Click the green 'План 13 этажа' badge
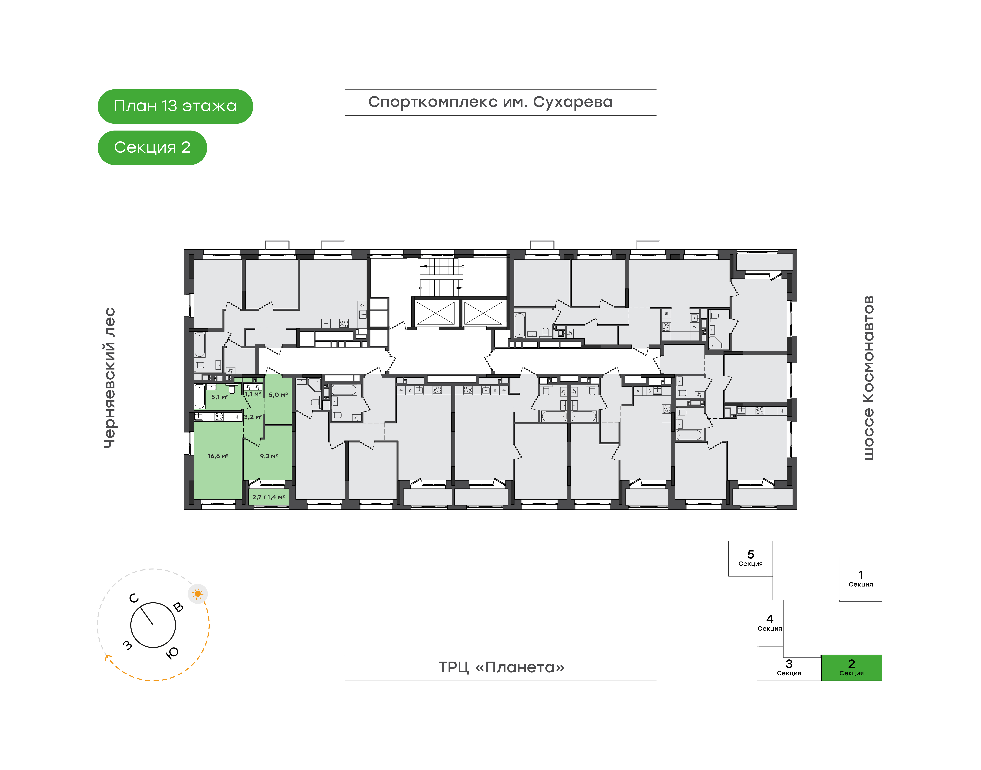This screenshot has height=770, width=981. [x=175, y=106]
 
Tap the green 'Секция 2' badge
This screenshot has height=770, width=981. [x=152, y=147]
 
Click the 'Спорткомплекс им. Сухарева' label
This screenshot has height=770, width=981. [x=490, y=102]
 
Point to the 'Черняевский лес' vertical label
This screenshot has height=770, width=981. [x=110, y=378]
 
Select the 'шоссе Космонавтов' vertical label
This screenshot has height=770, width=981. [x=868, y=378]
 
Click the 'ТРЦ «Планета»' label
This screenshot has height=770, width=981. [x=501, y=667]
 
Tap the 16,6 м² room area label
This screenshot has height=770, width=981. [x=218, y=456]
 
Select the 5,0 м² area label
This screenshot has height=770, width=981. [x=278, y=395]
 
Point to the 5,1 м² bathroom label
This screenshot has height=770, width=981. [x=220, y=397]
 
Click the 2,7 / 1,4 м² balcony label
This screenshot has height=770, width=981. [x=269, y=497]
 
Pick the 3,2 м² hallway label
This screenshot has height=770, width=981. [x=253, y=417]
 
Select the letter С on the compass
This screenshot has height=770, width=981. [x=134, y=598]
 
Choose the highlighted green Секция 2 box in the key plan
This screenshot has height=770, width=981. [x=851, y=668]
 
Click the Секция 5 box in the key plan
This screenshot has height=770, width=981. [x=750, y=559]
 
